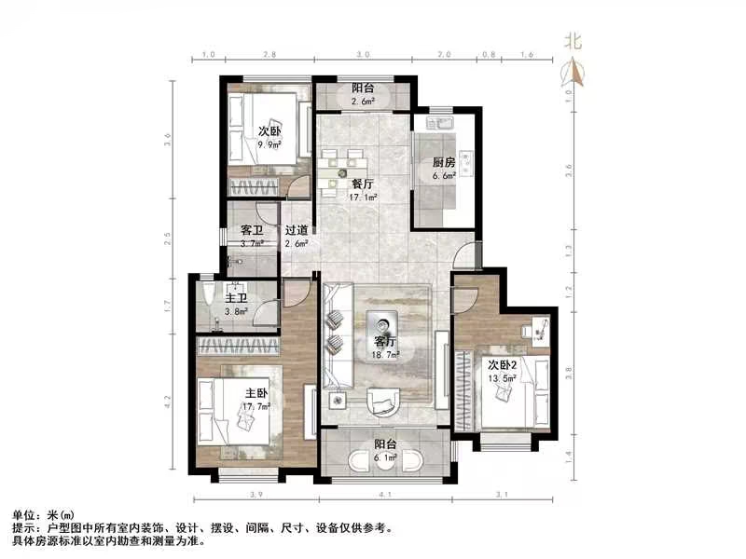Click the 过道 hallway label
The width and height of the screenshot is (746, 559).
[x=297, y=230]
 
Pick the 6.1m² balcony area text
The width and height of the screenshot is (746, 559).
[x=386, y=458]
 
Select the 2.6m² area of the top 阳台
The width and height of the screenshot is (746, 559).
[x=363, y=100]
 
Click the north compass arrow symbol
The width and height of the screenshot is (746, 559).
[x=572, y=73]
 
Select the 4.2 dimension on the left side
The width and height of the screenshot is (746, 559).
[x=168, y=402]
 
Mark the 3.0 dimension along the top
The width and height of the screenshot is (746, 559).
[x=363, y=56]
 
